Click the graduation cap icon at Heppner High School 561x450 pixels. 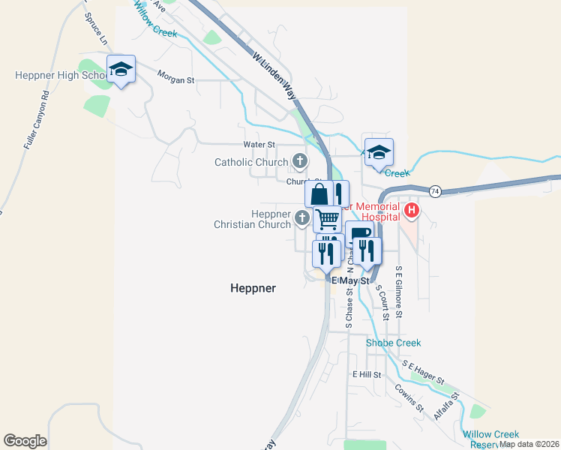coord(120,69)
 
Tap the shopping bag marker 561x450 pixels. coord(319,193)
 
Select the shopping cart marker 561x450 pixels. coord(328,219)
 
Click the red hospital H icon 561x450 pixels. coord(411,209)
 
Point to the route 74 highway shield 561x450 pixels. coord(434,190)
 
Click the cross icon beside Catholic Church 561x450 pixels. coord(299,161)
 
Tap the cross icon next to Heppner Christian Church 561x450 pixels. coord(301,218)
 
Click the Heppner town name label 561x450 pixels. coord(253,288)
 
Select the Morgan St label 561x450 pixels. coord(175,76)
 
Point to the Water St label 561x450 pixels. coord(259,144)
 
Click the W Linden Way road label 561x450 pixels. coord(274,76)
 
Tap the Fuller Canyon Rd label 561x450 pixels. coord(35,120)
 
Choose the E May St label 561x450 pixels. coord(351,280)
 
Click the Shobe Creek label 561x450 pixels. coord(393,343)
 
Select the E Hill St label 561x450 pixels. coord(367,374)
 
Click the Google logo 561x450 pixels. coord(25,440)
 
